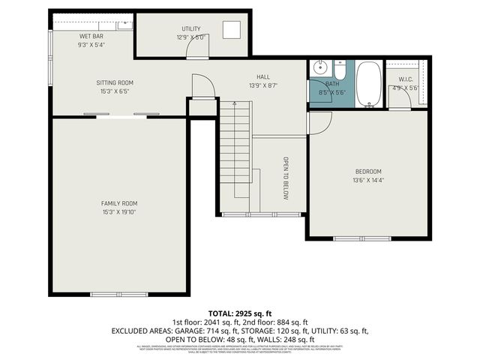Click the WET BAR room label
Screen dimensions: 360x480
click(91, 36)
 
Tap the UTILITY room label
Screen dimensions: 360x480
click(190, 28)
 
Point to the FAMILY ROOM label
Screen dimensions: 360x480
click(119, 203)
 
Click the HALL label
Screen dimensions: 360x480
click(263, 76)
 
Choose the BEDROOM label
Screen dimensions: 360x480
click(367, 171)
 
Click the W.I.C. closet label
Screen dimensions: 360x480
click(406, 79)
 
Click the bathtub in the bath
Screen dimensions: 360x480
click(367, 85)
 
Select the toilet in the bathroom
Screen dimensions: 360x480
click(340, 72)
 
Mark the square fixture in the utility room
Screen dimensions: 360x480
click(231, 30)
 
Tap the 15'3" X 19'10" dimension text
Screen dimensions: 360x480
click(119, 212)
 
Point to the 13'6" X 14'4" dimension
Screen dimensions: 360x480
click(367, 180)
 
